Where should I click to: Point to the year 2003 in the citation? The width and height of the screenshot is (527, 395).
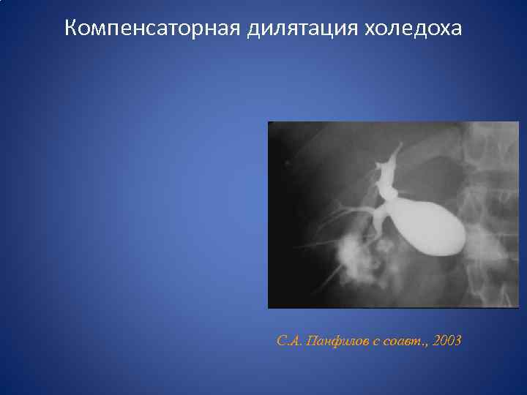pos(447,341)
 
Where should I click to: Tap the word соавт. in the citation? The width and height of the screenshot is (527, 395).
pos(404,341)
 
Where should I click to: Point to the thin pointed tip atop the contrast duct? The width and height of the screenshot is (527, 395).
pos(400,147)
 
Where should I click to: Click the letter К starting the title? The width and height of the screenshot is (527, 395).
pos(70,29)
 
